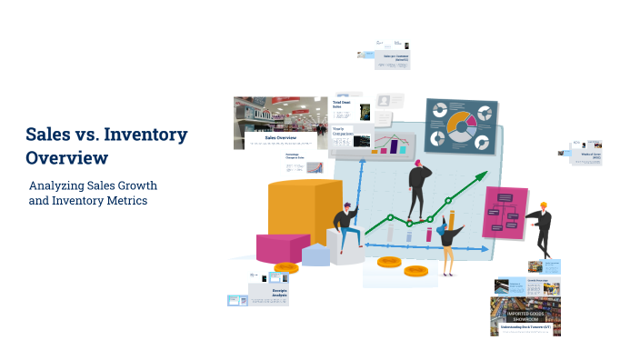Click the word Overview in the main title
click(66, 157)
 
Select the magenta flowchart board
click(505, 213)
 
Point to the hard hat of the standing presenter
click(544, 205)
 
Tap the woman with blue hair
click(448, 241)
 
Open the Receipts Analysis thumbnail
click(272, 291)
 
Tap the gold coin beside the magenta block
click(285, 268)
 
